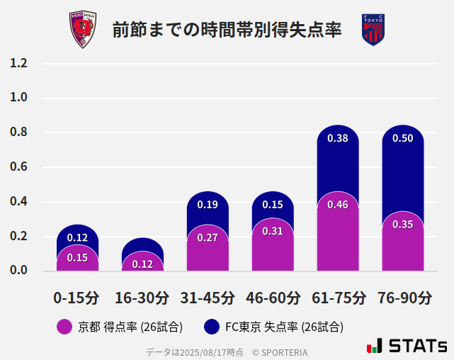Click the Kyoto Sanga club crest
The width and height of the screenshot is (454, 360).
(x=83, y=30)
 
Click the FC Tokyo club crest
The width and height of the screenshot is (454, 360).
(x=373, y=30)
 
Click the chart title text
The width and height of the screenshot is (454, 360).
(x=227, y=30)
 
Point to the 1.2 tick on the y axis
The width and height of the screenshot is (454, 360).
(x=18, y=63)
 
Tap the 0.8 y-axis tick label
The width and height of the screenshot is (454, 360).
(x=18, y=133)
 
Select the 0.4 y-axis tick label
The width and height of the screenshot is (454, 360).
(x=18, y=202)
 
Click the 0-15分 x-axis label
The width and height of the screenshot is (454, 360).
(x=76, y=298)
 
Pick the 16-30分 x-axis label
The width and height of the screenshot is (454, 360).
(x=142, y=298)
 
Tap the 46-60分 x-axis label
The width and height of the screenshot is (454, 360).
(x=273, y=298)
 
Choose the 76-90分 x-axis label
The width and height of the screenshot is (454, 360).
(x=403, y=298)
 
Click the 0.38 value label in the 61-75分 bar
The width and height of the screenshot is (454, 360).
(x=338, y=138)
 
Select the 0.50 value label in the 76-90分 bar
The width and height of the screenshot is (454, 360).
(x=403, y=138)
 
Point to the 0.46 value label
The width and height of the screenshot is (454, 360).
(x=338, y=205)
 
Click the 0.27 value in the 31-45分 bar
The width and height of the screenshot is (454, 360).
(x=208, y=237)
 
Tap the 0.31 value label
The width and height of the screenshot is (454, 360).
(x=273, y=231)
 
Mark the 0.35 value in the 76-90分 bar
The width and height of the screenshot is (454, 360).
(x=403, y=224)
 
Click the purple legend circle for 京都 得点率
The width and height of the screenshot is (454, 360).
(x=64, y=327)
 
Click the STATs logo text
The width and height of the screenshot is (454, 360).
(x=418, y=346)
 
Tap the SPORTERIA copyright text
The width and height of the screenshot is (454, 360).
(x=280, y=351)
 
